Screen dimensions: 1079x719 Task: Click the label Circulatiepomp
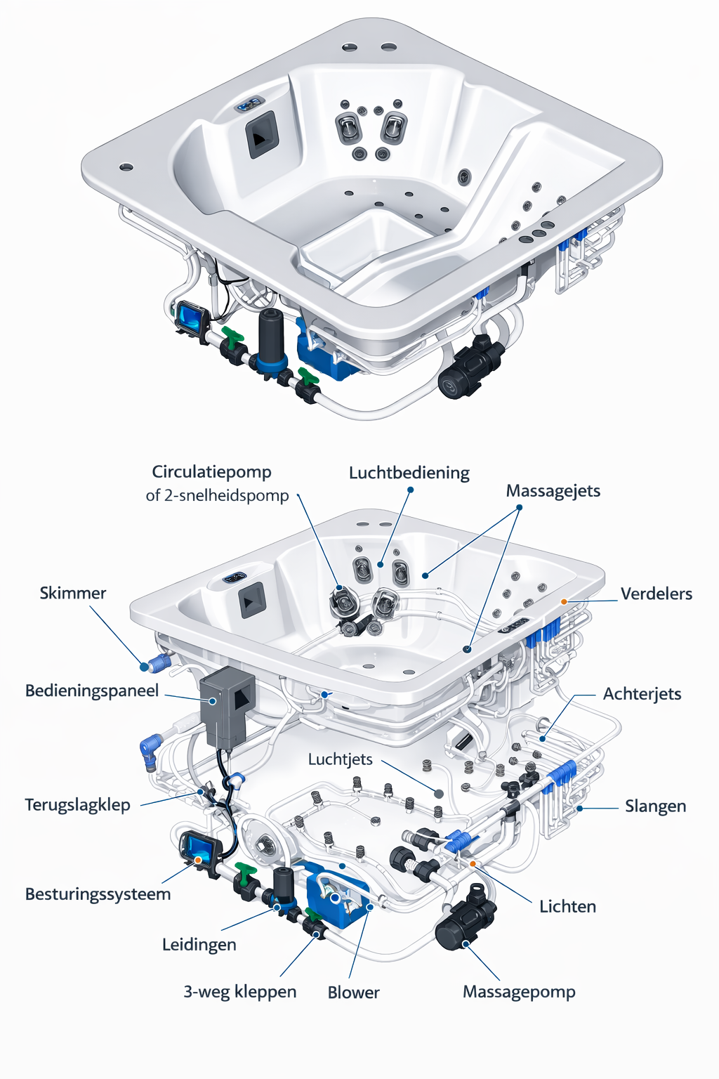tap(211, 472)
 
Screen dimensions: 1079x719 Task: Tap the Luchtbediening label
tap(409, 473)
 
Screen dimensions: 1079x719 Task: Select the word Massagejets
tap(553, 491)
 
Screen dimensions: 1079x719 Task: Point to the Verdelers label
tap(657, 594)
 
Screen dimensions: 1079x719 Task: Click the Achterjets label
tap(642, 694)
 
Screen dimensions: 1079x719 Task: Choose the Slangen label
tap(655, 806)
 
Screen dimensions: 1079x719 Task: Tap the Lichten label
tap(567, 907)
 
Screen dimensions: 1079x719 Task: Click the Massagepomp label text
tap(519, 992)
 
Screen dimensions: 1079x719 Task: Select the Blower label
tap(353, 993)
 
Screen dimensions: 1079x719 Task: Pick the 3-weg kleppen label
tap(239, 992)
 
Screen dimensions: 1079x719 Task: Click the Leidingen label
tap(199, 945)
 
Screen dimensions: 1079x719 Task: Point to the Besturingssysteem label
tap(98, 894)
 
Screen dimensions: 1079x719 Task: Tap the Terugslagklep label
tap(77, 805)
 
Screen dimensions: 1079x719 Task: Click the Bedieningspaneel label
tap(92, 691)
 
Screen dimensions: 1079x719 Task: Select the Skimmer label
tap(72, 594)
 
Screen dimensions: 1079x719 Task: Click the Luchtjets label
tap(340, 760)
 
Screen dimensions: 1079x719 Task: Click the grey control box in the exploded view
tap(226, 706)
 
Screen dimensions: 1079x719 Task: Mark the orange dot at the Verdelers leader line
tap(564, 602)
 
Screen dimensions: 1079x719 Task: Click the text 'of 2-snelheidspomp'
tap(217, 496)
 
